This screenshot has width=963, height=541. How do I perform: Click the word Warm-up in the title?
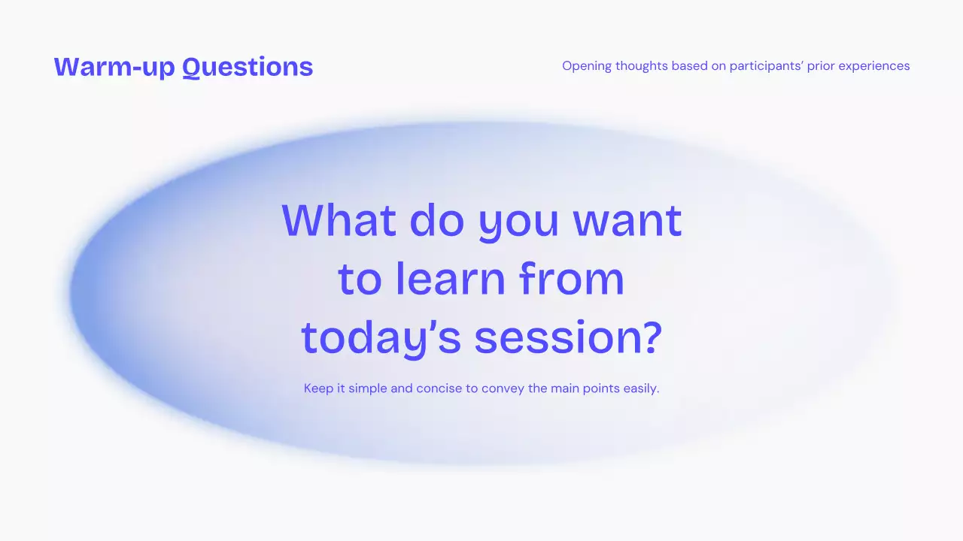coord(114,67)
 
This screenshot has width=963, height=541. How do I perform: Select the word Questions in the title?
coord(248,68)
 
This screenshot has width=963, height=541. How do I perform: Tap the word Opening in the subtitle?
coord(587,67)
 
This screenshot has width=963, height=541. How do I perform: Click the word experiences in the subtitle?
coord(874,67)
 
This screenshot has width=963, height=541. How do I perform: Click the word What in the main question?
coord(339,220)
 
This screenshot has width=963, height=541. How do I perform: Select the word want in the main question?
coord(627,222)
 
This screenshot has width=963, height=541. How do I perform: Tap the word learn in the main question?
coord(451,278)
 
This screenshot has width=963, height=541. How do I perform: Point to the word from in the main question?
coord(571,278)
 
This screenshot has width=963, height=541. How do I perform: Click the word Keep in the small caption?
coord(318,388)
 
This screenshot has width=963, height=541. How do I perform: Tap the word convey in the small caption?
coord(503,389)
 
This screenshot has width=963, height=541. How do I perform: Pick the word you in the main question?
coord(518,224)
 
